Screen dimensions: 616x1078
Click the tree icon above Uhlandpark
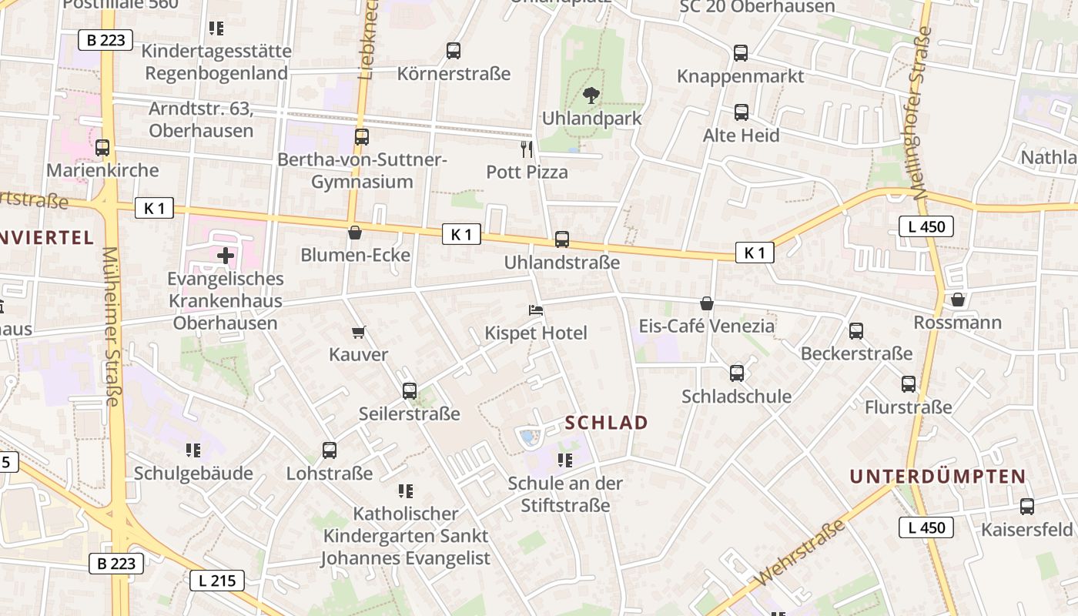click(x=591, y=96)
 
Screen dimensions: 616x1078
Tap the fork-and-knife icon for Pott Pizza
click(x=527, y=149)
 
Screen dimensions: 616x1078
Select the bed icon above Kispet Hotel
click(x=536, y=310)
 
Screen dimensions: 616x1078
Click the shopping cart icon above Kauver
click(x=358, y=333)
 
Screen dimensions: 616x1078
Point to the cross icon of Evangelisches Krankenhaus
click(x=226, y=255)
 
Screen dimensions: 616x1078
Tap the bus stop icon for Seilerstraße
click(x=410, y=391)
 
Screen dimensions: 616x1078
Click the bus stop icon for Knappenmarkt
click(x=741, y=53)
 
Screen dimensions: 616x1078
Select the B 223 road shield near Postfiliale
click(x=105, y=40)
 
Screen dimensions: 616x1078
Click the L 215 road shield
click(x=217, y=581)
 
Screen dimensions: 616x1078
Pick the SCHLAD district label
click(x=607, y=423)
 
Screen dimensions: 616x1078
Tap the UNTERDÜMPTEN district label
click(x=938, y=477)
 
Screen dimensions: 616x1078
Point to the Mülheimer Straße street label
click(x=112, y=326)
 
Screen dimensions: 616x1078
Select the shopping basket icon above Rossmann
click(x=958, y=300)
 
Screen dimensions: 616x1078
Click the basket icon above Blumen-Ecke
click(x=355, y=233)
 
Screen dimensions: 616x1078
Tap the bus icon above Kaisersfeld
click(x=1027, y=507)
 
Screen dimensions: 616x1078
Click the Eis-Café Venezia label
click(x=706, y=326)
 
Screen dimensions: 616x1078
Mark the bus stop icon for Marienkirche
click(x=102, y=148)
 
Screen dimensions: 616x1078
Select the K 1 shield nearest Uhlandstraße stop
click(x=461, y=235)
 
